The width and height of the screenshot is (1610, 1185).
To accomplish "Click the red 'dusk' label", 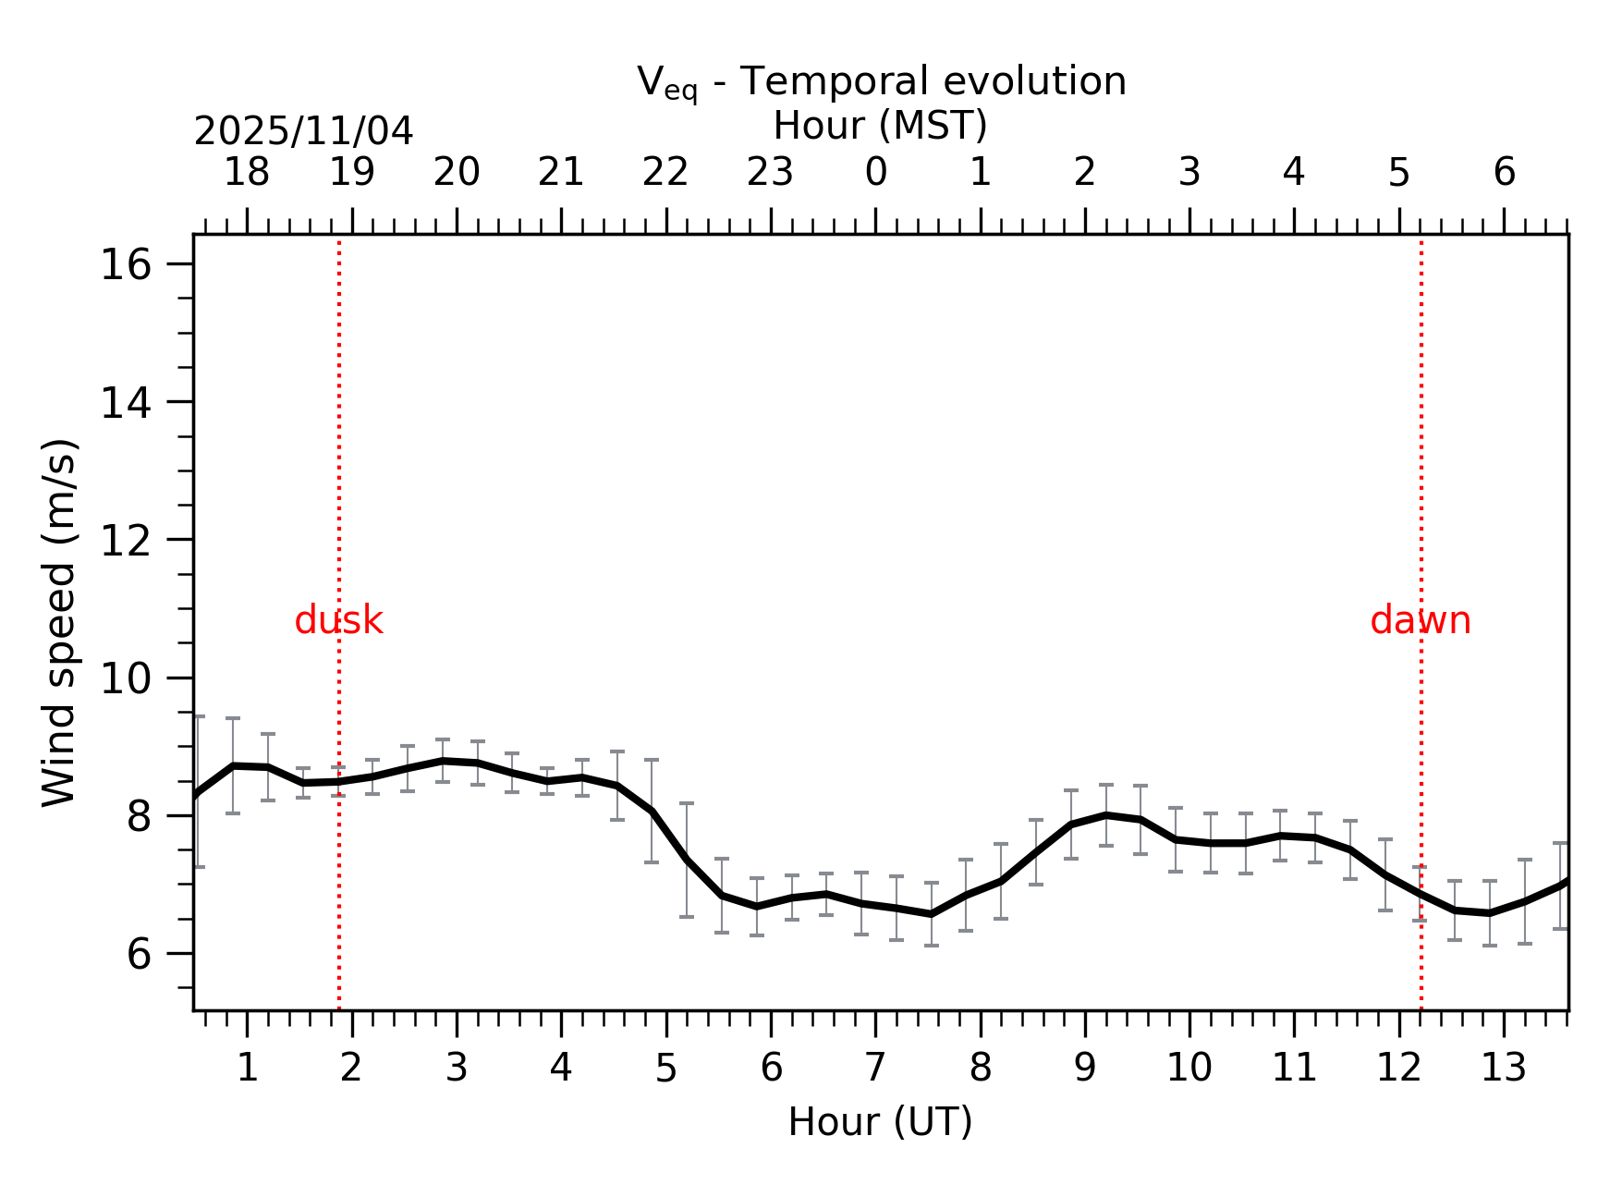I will click(x=338, y=620).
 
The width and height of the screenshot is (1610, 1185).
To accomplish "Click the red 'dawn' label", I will click(x=1420, y=620).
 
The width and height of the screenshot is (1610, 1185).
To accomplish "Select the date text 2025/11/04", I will click(x=303, y=131).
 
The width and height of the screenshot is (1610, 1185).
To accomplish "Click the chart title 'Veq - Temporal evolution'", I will click(x=881, y=82).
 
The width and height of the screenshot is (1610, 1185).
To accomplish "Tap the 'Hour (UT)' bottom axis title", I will click(x=880, y=1122).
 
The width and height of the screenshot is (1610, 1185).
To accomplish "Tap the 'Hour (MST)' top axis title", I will click(x=880, y=126).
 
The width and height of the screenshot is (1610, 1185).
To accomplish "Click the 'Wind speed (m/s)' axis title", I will click(x=59, y=622).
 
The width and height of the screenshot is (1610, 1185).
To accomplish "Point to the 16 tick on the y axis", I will click(x=125, y=266).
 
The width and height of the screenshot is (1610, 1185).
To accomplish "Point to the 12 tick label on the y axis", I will click(x=125, y=541).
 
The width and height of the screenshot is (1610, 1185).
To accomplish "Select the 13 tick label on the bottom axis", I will click(x=1503, y=1069).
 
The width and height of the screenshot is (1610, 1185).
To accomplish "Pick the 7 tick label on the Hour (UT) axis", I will click(x=875, y=1069).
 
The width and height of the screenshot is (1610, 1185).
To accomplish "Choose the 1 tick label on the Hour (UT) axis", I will click(x=247, y=1069).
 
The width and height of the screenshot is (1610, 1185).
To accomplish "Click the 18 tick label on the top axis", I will click(x=247, y=172).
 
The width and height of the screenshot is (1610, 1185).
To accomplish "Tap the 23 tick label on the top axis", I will click(x=770, y=172).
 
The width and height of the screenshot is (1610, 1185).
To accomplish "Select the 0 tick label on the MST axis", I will click(x=875, y=172).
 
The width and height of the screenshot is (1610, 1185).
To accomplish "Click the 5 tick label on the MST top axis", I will click(x=1398, y=172).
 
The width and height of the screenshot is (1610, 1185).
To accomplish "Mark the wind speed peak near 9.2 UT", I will click(x=1106, y=814).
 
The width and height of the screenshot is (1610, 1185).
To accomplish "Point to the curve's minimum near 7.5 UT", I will click(x=932, y=914).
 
